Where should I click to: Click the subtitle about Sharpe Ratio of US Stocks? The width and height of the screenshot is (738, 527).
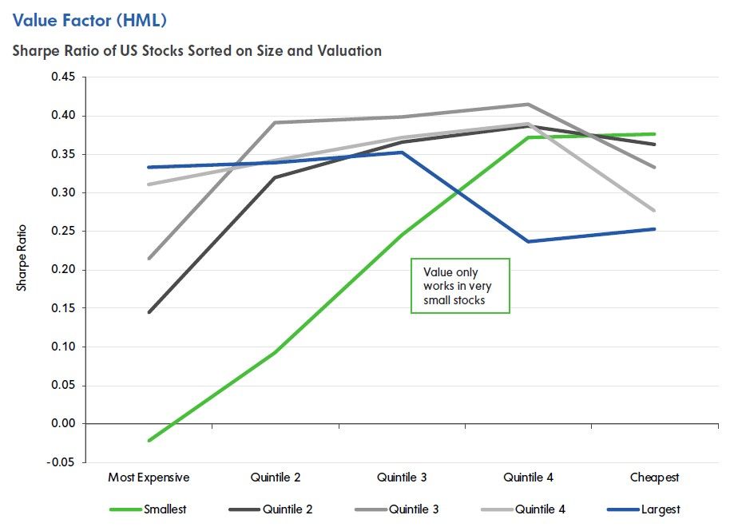click(196, 51)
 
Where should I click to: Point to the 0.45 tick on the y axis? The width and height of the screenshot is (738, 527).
click(62, 77)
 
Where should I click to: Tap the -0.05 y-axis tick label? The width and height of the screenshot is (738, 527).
click(61, 462)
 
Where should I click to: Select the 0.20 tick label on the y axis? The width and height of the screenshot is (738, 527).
click(62, 270)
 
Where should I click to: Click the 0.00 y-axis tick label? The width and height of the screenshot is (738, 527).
click(62, 424)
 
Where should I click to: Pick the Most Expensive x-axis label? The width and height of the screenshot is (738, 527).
click(149, 477)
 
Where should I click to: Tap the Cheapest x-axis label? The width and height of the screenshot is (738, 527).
click(654, 477)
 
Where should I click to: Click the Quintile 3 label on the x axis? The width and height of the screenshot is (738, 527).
click(402, 477)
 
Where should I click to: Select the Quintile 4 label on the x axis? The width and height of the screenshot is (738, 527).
click(528, 477)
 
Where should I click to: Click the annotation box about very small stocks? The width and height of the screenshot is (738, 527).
click(459, 286)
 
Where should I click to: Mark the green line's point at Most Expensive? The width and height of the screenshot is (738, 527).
click(149, 440)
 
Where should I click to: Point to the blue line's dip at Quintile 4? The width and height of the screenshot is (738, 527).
click(528, 241)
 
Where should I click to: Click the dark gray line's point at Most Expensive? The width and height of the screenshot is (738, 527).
click(149, 312)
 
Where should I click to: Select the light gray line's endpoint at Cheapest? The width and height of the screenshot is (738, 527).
click(654, 211)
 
